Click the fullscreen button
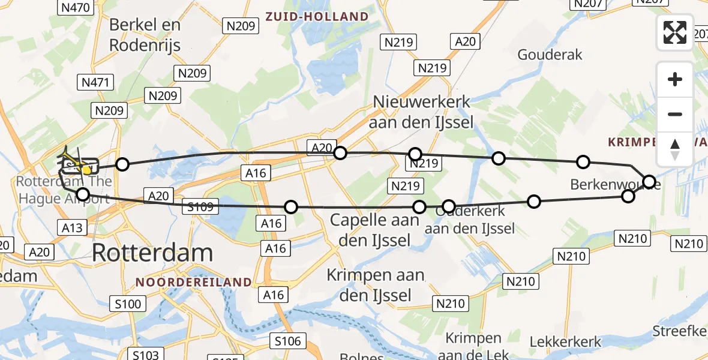tap(675, 32)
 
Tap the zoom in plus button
tap(675, 79)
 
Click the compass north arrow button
tap(675, 149)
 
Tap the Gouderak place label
tap(550, 55)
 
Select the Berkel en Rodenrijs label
tap(145, 34)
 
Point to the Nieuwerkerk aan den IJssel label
tap(423, 112)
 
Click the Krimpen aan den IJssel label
tap(376, 285)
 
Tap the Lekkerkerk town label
tap(565, 342)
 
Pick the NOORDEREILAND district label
tap(193, 281)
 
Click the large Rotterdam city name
tap(152, 253)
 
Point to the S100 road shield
tap(128, 304)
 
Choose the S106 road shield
tap(289, 341)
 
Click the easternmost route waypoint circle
tap(649, 181)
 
